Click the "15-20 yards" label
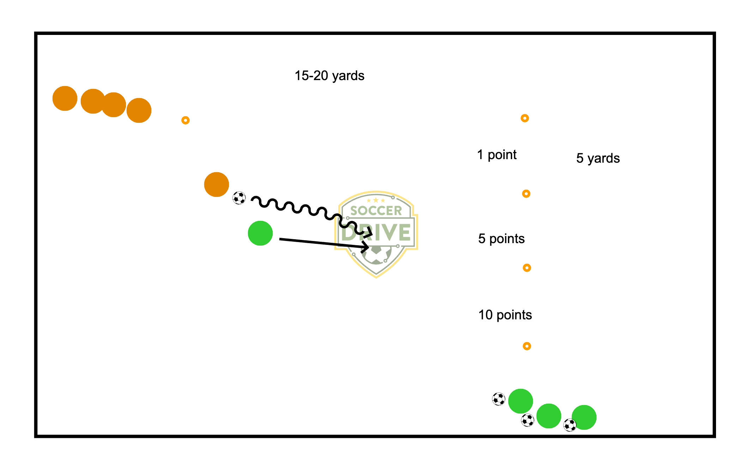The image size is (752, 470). click(329, 76)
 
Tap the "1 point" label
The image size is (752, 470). click(497, 155)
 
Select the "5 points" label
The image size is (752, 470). click(501, 239)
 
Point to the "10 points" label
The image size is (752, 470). click(505, 315)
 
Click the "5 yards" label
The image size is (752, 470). click(598, 158)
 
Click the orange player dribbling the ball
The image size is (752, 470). click(217, 185)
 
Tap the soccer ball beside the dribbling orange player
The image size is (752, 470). click(239, 198)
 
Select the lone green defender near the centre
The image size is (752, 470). click(260, 233)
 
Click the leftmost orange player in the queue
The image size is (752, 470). click(65, 98)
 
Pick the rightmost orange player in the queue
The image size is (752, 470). click(139, 110)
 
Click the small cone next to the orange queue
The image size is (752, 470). click(186, 120)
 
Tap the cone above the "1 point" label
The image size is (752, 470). click(525, 118)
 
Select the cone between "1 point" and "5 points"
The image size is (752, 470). click(526, 194)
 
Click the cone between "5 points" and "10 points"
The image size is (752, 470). click(527, 268)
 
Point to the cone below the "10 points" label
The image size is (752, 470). click(527, 346)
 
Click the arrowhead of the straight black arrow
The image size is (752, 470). click(366, 247)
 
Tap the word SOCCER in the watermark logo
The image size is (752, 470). click(376, 211)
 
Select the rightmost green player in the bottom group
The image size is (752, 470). click(584, 417)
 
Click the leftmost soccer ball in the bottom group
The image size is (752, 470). click(499, 399)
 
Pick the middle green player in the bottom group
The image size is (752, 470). click(549, 416)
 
